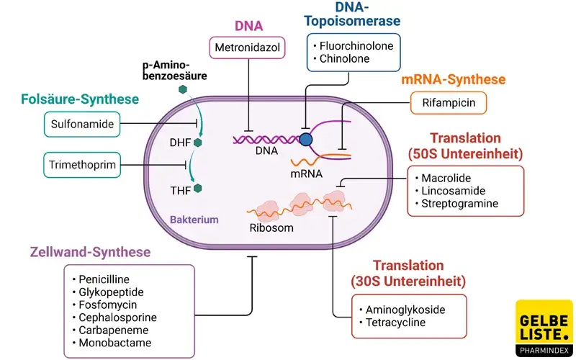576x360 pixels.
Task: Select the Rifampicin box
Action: click(448, 103)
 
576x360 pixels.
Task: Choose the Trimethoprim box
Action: click(82, 164)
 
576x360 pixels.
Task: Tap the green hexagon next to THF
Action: click(198, 189)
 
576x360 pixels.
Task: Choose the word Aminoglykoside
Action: click(405, 310)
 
